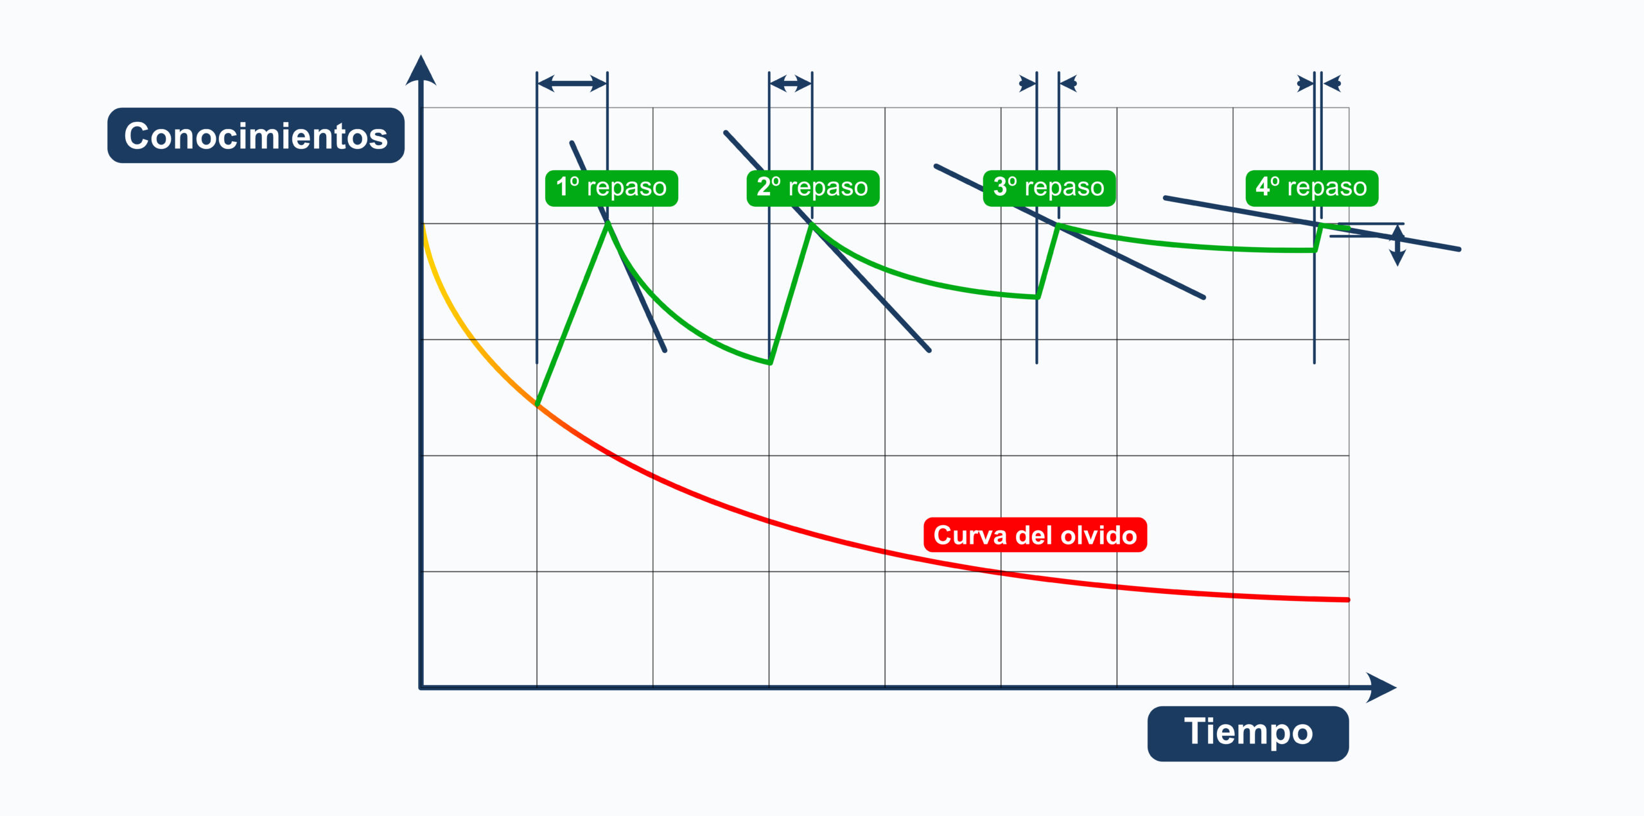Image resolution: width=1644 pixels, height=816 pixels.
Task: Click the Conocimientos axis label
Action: click(256, 135)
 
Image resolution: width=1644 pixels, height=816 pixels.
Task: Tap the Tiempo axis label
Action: click(1248, 733)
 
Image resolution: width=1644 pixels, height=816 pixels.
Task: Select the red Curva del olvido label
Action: click(1035, 535)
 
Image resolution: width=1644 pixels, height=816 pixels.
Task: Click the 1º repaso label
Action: click(611, 188)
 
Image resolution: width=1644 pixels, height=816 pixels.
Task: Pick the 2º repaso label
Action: click(812, 188)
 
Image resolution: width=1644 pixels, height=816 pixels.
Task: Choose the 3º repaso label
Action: click(1049, 188)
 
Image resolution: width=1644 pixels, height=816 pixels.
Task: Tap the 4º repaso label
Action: click(1311, 188)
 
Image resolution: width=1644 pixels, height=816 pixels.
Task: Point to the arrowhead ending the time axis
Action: click(1381, 688)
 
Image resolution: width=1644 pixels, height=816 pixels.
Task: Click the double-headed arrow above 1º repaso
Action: click(572, 83)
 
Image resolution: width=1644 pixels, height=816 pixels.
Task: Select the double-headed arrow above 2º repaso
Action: click(791, 83)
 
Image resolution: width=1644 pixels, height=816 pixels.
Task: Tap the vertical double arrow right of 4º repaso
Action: click(1397, 245)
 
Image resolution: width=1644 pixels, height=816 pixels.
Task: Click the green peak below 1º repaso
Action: click(608, 223)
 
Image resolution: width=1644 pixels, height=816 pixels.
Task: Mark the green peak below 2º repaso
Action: click(812, 224)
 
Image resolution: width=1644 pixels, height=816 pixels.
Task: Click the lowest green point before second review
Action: click(770, 363)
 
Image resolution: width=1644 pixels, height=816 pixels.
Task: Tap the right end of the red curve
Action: click(1348, 600)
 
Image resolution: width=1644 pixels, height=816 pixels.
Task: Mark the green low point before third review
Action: click(1038, 297)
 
